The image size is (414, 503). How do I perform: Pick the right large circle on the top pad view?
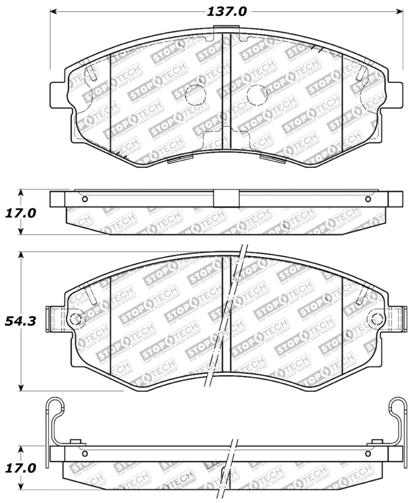[x=257, y=93]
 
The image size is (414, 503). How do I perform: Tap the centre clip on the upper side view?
[x=225, y=199]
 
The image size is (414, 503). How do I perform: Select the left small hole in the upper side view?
[x=85, y=199]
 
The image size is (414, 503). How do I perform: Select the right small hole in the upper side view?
[x=368, y=199]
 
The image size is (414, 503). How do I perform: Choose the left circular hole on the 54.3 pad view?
[x=75, y=317]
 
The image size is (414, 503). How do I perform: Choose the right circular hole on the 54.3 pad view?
[x=376, y=317]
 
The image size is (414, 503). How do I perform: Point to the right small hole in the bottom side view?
[x=368, y=454]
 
